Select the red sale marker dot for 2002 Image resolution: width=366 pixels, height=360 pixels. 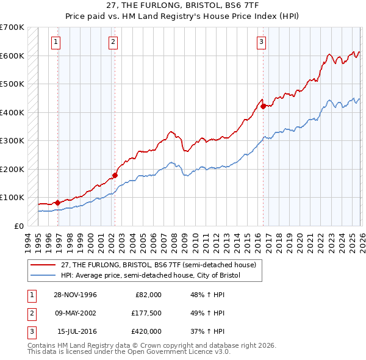click(x=114, y=175)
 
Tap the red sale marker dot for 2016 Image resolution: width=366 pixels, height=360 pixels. click(x=263, y=106)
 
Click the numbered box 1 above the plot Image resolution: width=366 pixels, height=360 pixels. click(x=56, y=42)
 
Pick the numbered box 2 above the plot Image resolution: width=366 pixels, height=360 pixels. click(x=113, y=42)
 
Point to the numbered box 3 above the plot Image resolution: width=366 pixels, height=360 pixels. click(x=261, y=42)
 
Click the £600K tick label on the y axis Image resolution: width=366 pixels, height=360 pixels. click(x=12, y=56)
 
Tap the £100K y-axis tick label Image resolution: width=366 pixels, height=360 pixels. click(x=12, y=197)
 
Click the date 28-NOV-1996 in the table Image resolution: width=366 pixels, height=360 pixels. click(x=76, y=295)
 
